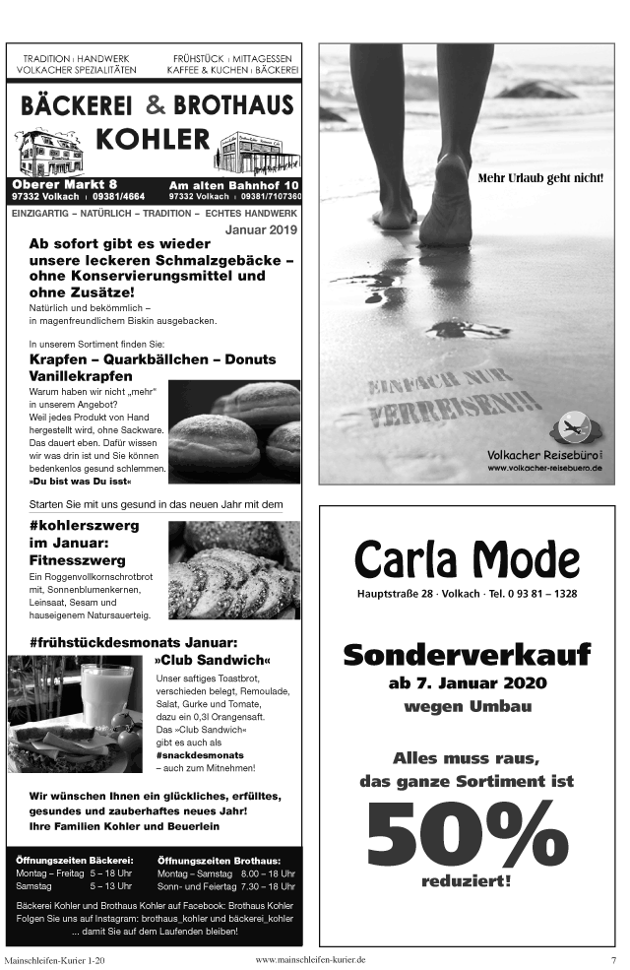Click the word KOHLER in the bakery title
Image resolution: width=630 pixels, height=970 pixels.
153,138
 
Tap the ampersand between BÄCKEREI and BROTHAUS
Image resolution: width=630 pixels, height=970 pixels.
156,104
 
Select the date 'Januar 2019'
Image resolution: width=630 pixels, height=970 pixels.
261,228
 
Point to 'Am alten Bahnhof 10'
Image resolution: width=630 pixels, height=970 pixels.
233,185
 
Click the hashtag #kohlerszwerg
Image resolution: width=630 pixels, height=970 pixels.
85,525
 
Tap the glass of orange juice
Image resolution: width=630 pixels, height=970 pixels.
106,692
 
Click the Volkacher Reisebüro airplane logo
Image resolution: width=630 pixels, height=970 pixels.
572,427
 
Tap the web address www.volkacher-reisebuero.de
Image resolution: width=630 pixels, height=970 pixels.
544,467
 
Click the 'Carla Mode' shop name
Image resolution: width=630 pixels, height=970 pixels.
467,559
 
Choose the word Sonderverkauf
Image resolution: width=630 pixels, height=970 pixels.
467,653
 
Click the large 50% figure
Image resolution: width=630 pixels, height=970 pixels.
467,830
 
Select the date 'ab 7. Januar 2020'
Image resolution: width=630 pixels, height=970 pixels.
467,683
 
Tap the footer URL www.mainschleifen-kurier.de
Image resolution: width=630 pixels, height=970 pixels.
309,959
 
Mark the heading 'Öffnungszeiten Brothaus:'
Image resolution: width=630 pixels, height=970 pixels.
219,861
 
